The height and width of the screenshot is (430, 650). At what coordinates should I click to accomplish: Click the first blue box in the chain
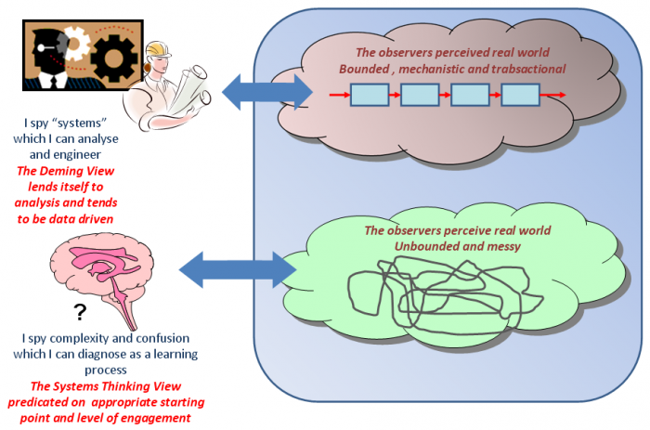[369, 94]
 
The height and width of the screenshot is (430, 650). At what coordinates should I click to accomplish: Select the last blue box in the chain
[520, 94]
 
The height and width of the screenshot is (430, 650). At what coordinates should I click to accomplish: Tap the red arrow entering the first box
[339, 95]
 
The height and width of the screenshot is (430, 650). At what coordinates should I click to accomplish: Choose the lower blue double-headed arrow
[236, 267]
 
